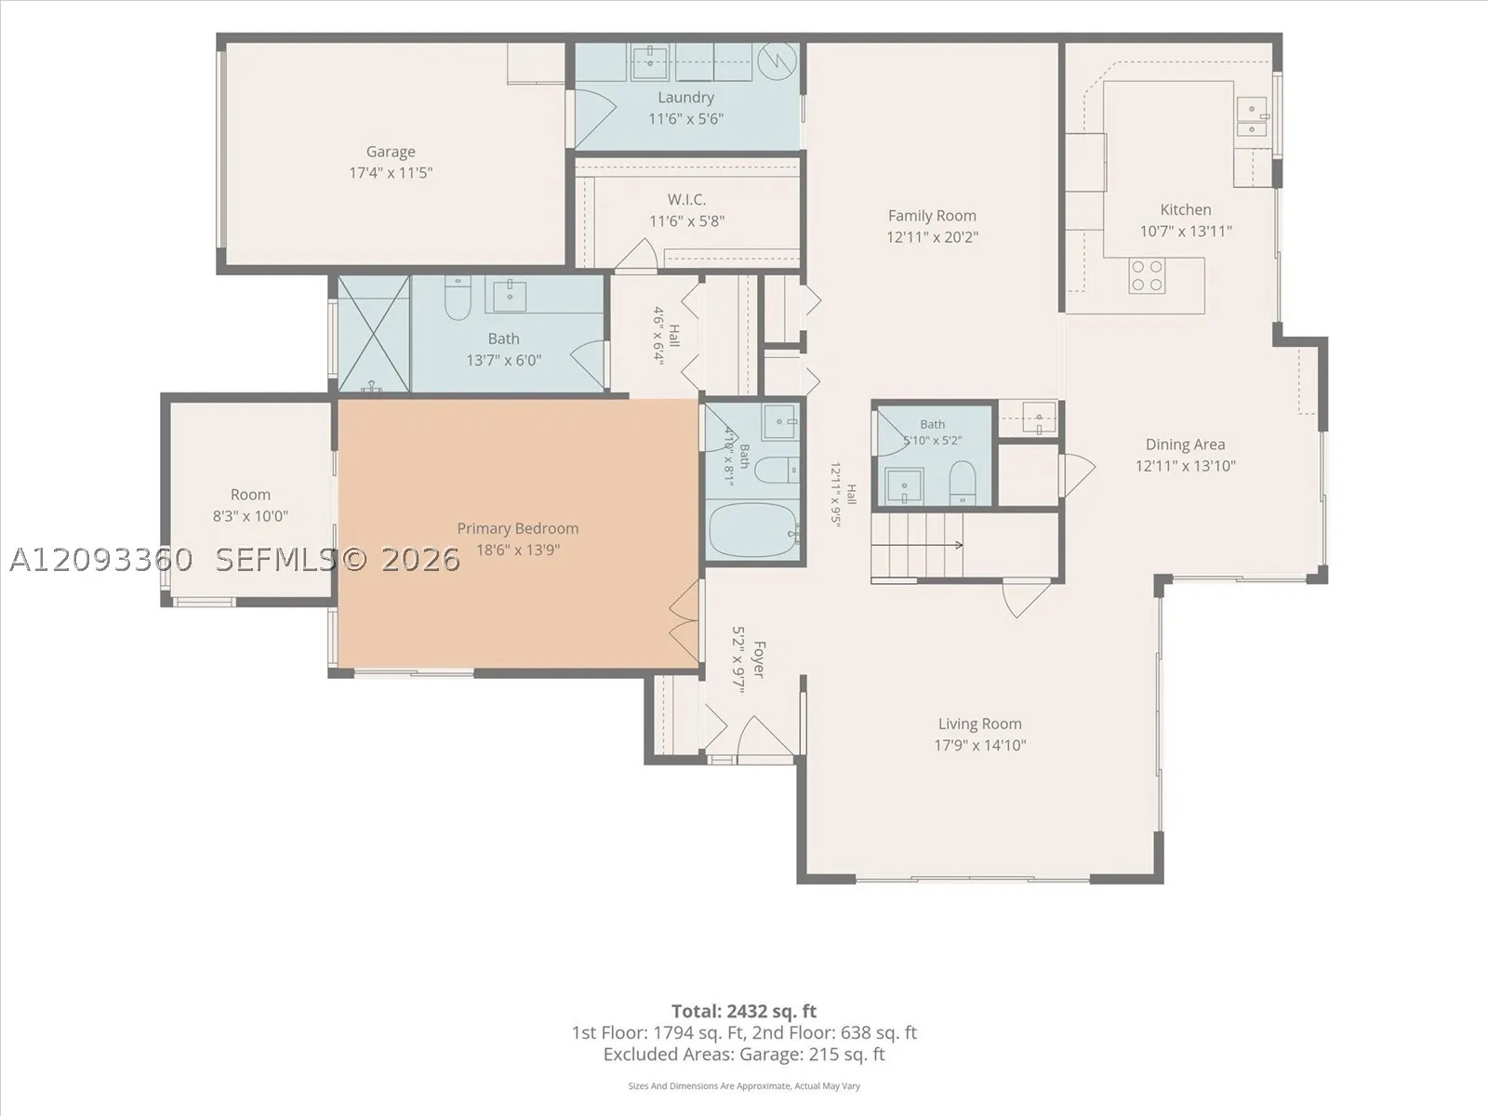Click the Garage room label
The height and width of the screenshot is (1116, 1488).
point(391,152)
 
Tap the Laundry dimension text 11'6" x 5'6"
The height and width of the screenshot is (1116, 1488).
point(686,119)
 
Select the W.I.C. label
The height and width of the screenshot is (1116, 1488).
point(686,200)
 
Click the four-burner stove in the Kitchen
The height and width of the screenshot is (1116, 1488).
point(1147,276)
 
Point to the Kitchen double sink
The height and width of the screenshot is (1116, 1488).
point(1252,116)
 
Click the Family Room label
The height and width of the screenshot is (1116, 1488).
point(932,216)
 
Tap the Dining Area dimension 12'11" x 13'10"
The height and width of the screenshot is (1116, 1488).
point(1186,466)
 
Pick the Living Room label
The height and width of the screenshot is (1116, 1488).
point(979,724)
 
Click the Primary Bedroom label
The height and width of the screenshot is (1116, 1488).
point(518,528)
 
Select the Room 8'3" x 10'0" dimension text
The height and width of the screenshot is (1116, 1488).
point(250,516)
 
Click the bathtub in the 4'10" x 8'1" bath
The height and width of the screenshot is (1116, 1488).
point(753,530)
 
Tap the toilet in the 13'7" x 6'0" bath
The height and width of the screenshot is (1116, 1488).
point(458,299)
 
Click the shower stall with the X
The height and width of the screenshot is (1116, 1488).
point(374,333)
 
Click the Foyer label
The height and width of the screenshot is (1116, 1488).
point(760,659)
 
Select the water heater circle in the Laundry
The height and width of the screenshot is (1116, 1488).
point(777,61)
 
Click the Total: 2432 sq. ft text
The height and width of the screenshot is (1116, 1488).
point(744,1012)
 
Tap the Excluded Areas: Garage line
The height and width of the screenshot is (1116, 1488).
point(744,1055)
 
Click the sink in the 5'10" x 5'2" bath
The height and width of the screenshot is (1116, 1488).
point(904,486)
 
